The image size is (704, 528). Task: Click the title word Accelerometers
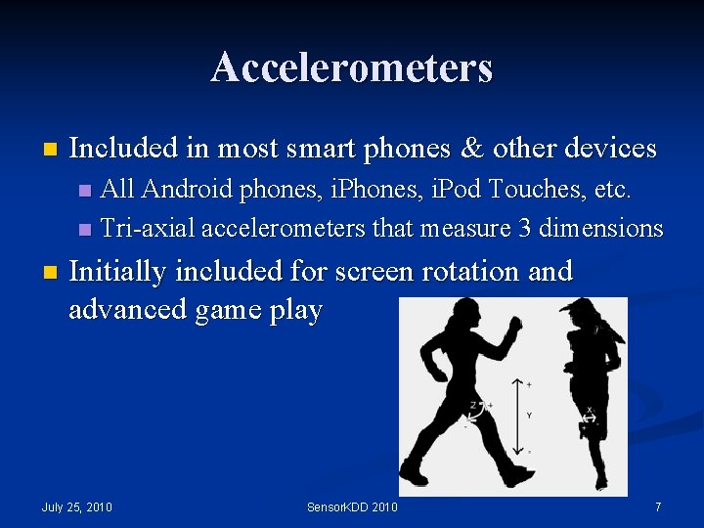(351, 68)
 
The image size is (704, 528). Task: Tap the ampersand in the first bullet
(473, 149)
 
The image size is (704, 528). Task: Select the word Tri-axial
(148, 228)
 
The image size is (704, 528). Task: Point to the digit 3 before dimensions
(525, 228)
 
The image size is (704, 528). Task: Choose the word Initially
(120, 271)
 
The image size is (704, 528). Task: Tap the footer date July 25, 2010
(77, 506)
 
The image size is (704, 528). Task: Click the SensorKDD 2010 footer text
(352, 506)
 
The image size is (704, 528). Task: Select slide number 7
(658, 506)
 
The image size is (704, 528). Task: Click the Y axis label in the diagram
(529, 416)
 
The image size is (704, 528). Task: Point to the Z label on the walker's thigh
(472, 405)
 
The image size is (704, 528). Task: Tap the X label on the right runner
(589, 411)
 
